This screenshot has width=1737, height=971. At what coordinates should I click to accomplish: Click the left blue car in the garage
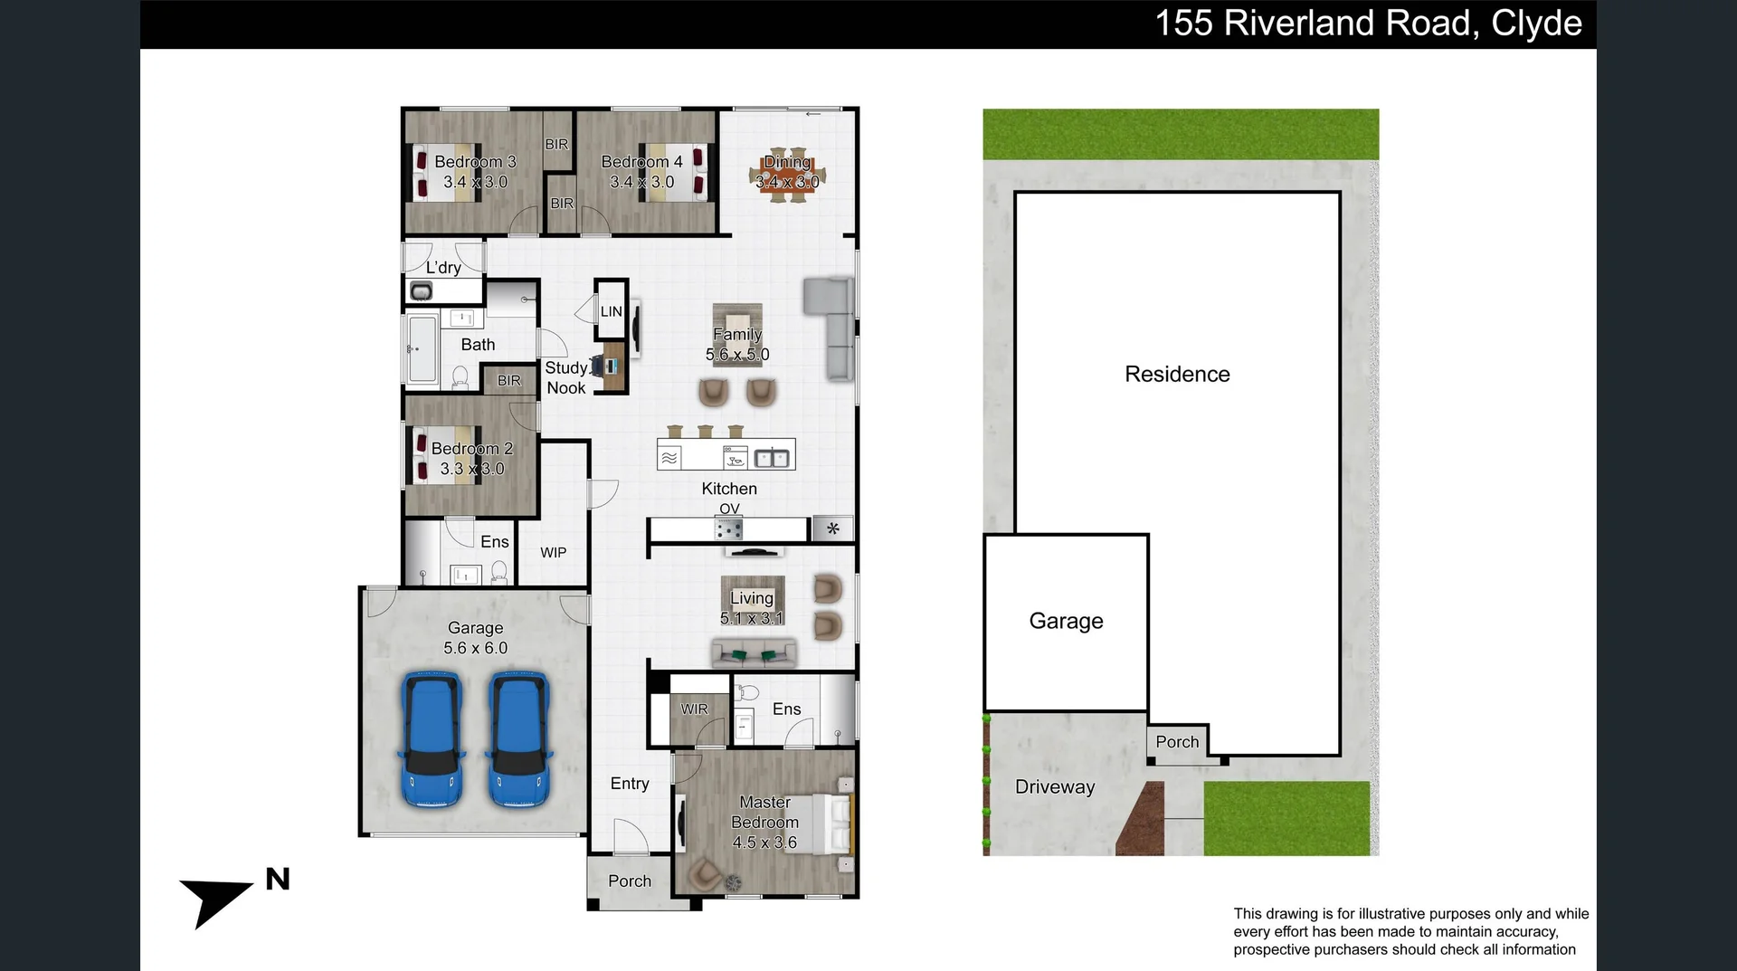pos(432,739)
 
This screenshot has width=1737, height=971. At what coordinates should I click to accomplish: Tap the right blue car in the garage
pos(519,739)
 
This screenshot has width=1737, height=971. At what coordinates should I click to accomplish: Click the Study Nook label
pos(566,378)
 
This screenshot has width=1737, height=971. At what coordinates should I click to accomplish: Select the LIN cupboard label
pos(612,311)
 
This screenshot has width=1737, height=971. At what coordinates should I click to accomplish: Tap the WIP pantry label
pos(553,553)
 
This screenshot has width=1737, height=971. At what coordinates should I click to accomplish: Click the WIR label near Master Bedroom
pos(694,709)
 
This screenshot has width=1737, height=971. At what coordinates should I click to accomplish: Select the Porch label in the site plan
pos(1177,742)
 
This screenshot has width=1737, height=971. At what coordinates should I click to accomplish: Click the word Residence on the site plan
pos(1177,375)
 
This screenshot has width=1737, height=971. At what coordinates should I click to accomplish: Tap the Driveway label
pos(1055,787)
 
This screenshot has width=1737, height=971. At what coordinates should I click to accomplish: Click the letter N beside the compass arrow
pos(278,880)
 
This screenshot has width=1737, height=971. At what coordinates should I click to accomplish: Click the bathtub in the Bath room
pos(422,349)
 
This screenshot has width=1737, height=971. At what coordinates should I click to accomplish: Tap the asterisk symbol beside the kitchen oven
pos(832,528)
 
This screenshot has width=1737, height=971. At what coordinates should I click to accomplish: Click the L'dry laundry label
pos(443,268)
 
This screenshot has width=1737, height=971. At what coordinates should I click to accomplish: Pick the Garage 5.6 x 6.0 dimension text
pos(475,648)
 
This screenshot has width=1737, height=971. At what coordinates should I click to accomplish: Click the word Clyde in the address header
pos(1536,24)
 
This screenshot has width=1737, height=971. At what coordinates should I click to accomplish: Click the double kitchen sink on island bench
pos(772,458)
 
